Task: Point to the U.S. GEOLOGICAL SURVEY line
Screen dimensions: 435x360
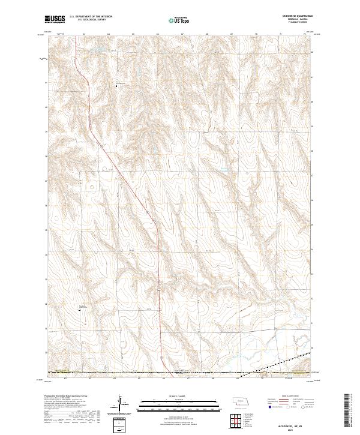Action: click(x=87, y=21)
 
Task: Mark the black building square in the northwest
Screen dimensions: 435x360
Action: click(x=118, y=85)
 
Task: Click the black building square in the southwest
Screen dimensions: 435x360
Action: click(x=80, y=309)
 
